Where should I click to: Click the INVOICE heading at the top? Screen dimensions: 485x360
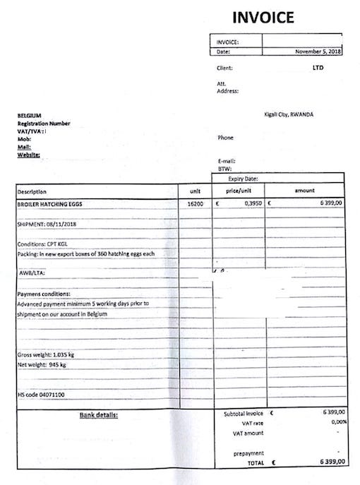[262, 17]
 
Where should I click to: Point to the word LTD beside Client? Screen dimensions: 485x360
[318, 68]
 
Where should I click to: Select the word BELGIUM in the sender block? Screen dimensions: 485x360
[30, 115]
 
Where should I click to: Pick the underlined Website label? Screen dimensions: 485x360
[28, 154]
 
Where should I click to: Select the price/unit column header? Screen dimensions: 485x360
[240, 191]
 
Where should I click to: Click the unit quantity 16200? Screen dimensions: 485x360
[195, 203]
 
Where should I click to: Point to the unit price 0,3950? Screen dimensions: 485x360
[253, 203]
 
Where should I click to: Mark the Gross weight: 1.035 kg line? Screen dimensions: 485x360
[45, 354]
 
